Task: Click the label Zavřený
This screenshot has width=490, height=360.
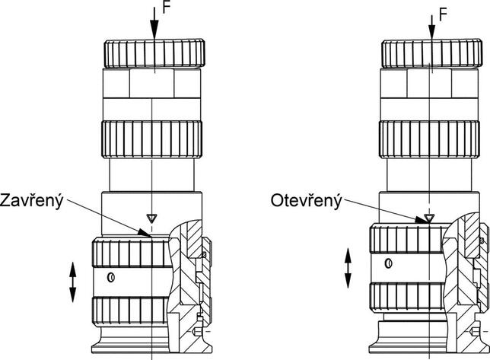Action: tap(33, 200)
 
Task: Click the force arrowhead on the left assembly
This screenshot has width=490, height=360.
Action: tap(154, 32)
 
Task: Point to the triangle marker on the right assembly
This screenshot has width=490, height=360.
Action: tap(429, 218)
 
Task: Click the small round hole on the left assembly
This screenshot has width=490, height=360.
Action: tap(111, 277)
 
